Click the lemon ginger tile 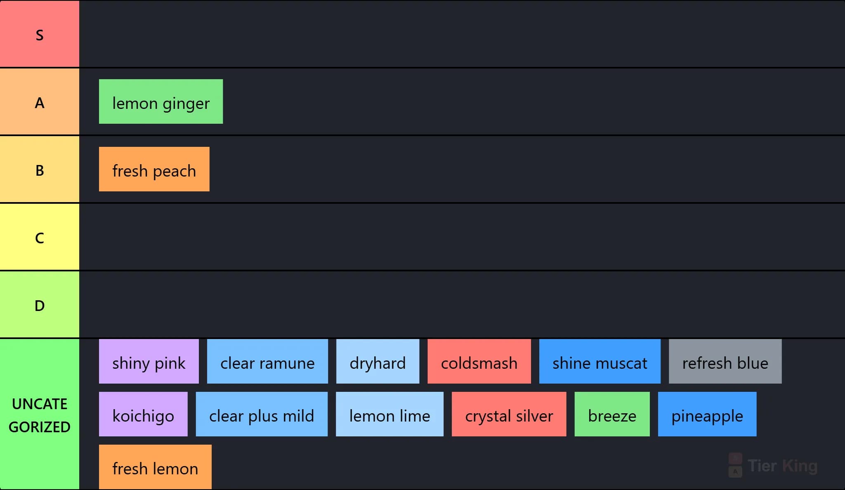tap(161, 101)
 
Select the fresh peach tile tap(154, 169)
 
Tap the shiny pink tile tap(149, 361)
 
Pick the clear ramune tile tap(267, 361)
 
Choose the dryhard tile tap(378, 361)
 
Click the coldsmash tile tap(479, 361)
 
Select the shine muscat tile tap(600, 361)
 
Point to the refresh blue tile tap(725, 361)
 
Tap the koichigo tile tap(143, 414)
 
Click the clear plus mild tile tap(262, 414)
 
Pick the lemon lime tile tap(389, 414)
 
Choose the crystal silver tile tap(509, 414)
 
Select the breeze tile tap(612, 414)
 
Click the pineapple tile tap(707, 414)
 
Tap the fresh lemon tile tap(155, 467)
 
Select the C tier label tap(40, 237)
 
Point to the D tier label tap(40, 305)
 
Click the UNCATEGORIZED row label tap(40, 415)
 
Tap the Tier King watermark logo tap(773, 466)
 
